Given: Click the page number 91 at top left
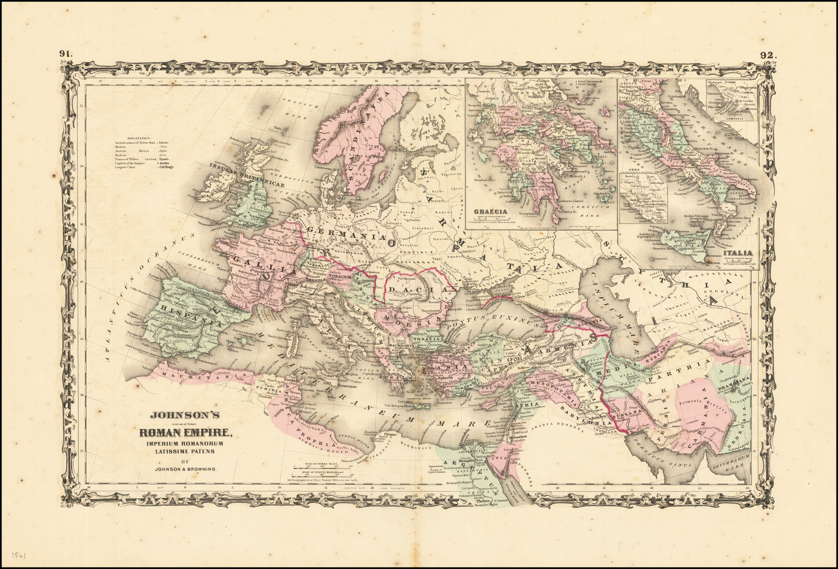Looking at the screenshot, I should click(67, 53).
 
